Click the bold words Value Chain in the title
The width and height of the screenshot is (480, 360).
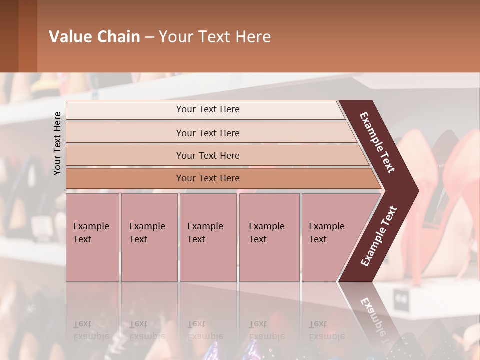(94, 37)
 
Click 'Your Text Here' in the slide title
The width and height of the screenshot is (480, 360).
(215, 37)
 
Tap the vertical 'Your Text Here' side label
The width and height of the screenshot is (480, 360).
(57, 144)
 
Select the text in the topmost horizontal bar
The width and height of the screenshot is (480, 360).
(208, 109)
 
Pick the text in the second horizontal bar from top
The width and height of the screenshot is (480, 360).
(208, 133)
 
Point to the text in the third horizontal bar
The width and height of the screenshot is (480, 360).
(208, 156)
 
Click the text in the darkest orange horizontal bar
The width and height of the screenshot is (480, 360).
(208, 178)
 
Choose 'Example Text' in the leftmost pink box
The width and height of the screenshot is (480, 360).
(91, 233)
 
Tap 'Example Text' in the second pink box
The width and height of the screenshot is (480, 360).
(147, 233)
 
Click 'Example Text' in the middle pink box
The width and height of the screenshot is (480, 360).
(205, 233)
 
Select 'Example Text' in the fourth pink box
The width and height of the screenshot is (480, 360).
(266, 233)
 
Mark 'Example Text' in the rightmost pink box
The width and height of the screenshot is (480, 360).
(326, 233)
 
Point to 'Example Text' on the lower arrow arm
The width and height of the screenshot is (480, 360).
(379, 236)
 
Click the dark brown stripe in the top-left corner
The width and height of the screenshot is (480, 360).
(9, 36)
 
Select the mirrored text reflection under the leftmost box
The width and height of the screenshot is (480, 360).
(91, 330)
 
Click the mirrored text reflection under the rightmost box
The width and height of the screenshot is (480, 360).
(326, 330)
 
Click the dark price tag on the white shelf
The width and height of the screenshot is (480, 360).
(400, 300)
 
